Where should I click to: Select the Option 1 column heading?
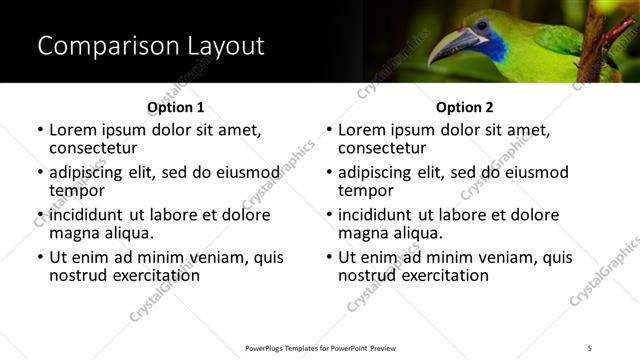(175, 107)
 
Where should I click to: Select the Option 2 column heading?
(464, 107)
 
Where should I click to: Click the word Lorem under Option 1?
(74, 130)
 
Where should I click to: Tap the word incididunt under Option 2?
(380, 215)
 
